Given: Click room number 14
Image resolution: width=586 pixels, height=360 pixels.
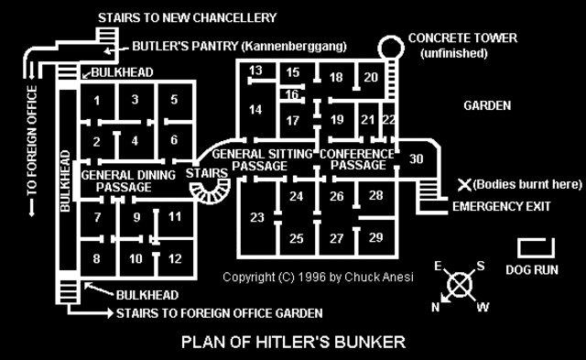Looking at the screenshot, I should (255, 111).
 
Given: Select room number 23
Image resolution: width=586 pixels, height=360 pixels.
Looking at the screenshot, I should (256, 217).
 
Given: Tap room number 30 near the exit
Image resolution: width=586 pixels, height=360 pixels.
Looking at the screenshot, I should (417, 159).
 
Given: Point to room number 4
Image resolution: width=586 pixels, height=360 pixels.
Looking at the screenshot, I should (135, 140).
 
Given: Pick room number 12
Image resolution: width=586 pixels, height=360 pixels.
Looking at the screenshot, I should (174, 259).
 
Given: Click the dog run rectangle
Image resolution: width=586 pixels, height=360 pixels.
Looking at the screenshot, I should (534, 247).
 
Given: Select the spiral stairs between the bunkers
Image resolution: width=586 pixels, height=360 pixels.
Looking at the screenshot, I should (213, 191).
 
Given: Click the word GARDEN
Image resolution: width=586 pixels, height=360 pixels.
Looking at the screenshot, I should (486, 105).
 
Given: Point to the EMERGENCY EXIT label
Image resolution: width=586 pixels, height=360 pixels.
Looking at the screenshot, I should (501, 206).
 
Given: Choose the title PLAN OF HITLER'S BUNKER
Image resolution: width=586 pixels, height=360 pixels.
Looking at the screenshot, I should (293, 344).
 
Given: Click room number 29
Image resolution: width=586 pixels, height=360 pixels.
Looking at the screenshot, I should (375, 237).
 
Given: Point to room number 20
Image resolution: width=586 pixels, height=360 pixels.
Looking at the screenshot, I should (370, 78).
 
